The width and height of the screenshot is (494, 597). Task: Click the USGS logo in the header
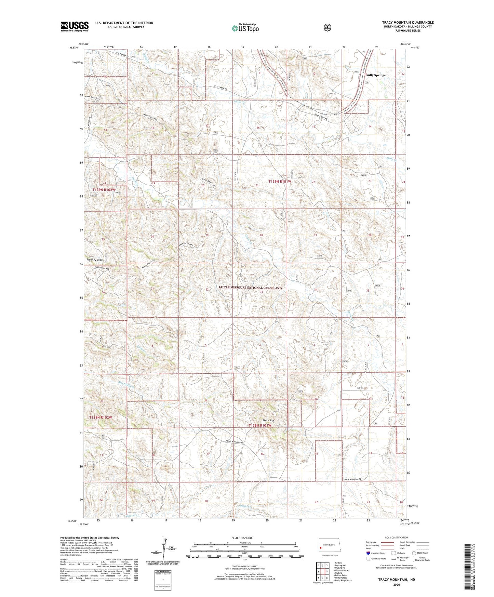pyautogui.click(x=75, y=26)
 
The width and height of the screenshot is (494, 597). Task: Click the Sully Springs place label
pyautogui.click(x=376, y=75)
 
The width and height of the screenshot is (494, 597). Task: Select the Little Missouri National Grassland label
pyautogui.click(x=250, y=288)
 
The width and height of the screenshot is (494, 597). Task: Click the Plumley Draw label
pyautogui.click(x=95, y=260)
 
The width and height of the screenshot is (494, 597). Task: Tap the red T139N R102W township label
pyautogui.click(x=104, y=189)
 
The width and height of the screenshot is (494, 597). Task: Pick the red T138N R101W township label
pyautogui.click(x=260, y=425)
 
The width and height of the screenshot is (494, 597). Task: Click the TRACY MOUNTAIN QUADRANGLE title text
pyautogui.click(x=408, y=23)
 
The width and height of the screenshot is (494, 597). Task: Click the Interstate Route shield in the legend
pyautogui.click(x=368, y=553)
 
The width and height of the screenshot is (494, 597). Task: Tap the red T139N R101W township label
pyautogui.click(x=280, y=182)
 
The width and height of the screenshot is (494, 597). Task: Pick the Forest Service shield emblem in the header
pyautogui.click(x=327, y=28)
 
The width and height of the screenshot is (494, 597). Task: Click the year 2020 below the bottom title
pyautogui.click(x=396, y=584)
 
